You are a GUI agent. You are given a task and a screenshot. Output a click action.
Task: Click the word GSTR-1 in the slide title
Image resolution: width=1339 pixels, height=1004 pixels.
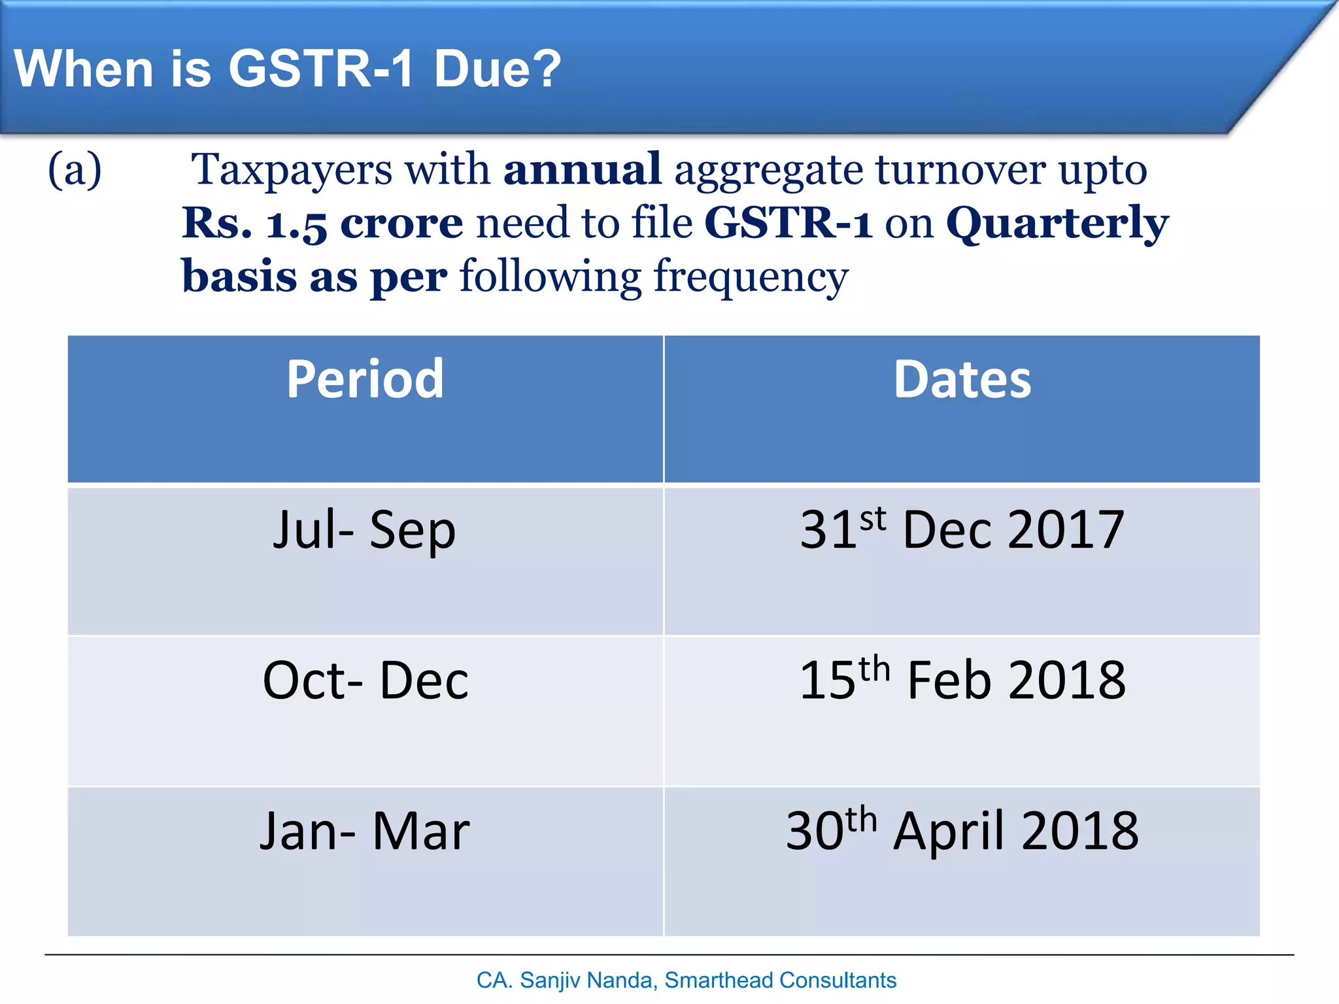point(320,69)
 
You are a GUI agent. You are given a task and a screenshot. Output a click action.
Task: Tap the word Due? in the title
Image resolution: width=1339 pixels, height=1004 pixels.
point(497,69)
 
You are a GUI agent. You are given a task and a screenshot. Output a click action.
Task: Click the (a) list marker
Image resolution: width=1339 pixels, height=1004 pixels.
point(75,170)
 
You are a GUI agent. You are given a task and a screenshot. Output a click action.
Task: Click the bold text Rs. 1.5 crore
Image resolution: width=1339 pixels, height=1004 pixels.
point(322,224)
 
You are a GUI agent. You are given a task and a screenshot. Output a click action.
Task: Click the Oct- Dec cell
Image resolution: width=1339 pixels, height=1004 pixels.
point(365,680)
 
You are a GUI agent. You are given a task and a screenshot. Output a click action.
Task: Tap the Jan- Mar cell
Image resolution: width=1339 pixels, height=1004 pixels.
point(364,831)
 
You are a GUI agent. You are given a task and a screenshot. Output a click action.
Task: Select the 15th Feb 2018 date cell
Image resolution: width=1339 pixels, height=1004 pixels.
point(962,680)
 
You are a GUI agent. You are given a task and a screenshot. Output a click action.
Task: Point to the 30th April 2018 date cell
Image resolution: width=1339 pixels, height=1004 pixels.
point(962,831)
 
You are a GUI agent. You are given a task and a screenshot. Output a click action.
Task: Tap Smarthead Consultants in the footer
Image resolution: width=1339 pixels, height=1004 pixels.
point(780,980)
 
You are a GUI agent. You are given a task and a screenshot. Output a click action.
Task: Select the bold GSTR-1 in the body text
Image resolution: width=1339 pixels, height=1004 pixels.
point(788,224)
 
